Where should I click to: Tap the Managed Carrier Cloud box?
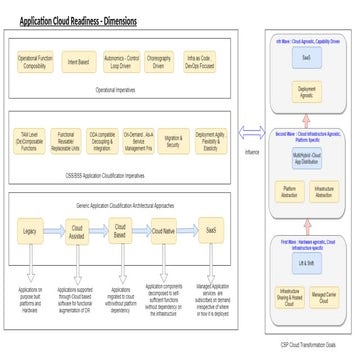click(329, 296)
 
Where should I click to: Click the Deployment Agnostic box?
click(308, 92)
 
